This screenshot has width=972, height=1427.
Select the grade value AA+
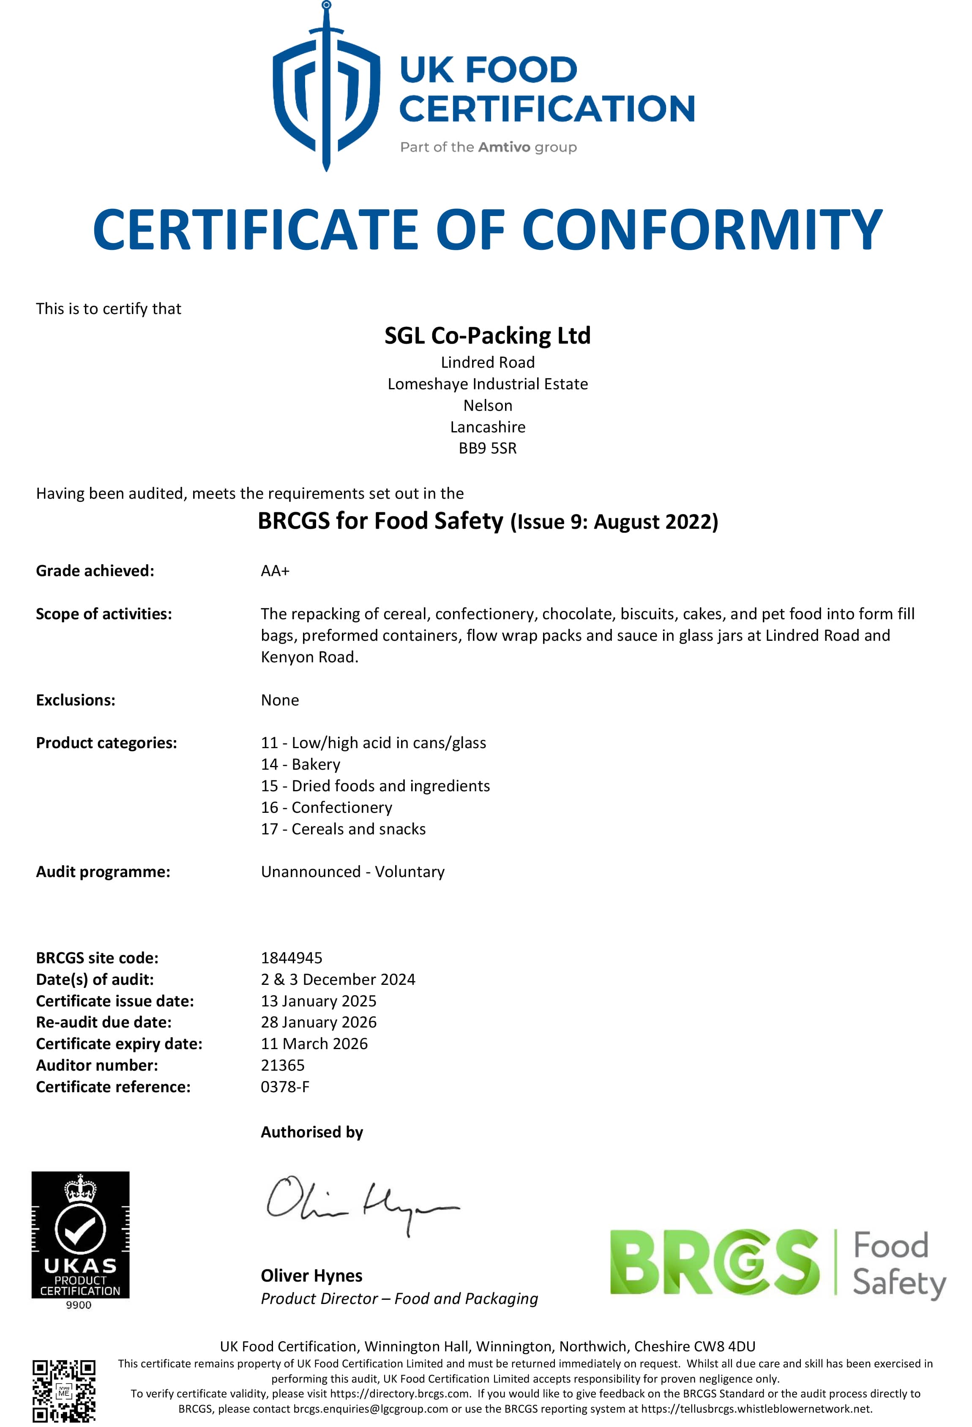click(x=274, y=571)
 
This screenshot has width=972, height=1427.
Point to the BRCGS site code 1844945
click(x=291, y=957)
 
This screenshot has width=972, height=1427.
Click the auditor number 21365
click(x=282, y=1065)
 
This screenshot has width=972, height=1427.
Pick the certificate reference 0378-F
click(x=285, y=1086)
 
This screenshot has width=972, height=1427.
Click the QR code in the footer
click(x=64, y=1390)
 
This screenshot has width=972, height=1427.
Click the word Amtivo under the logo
click(x=503, y=148)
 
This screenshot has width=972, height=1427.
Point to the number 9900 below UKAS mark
click(x=79, y=1305)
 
